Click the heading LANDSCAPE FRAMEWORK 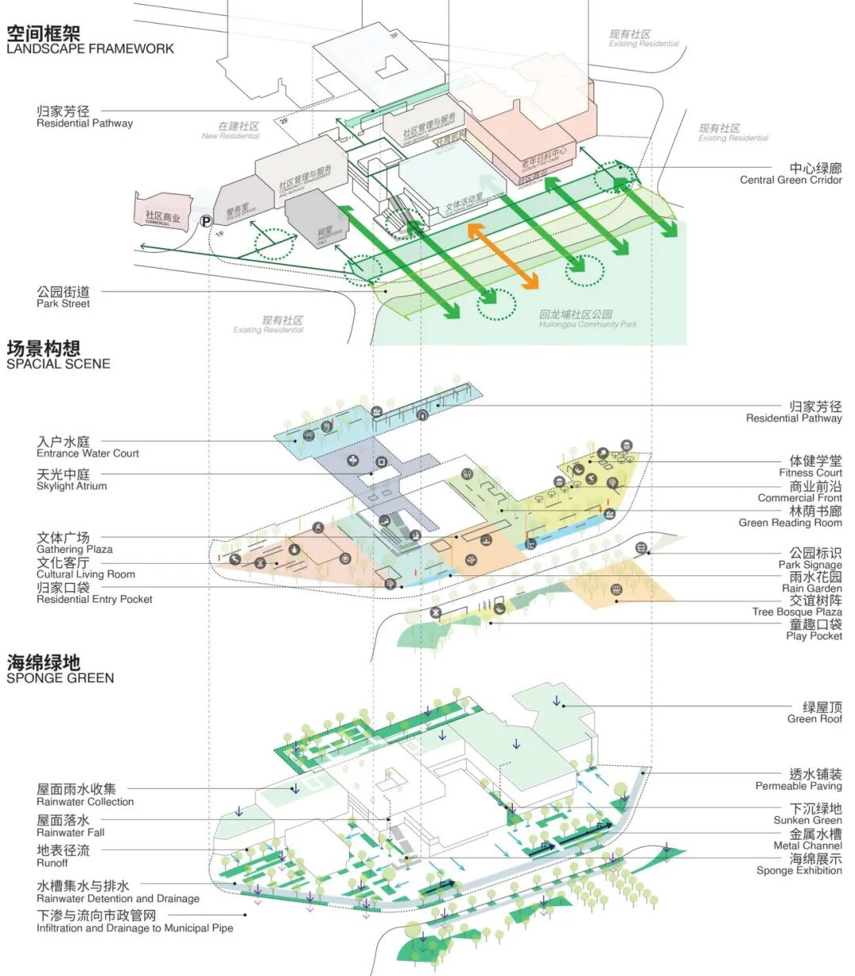89,48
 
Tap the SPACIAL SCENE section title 58,364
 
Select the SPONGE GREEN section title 60,677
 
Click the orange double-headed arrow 503,255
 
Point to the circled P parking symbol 207,223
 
